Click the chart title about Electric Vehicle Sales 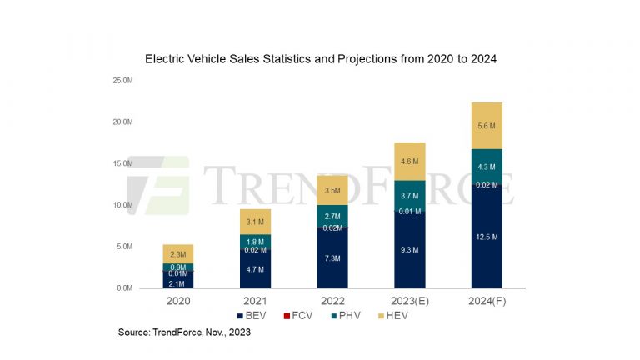point(321,59)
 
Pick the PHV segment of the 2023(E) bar point(409,195)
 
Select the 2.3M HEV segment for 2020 point(177,253)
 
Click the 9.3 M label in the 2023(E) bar point(409,250)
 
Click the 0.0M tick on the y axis point(124,287)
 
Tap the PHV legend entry point(342,316)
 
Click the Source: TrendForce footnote point(184,332)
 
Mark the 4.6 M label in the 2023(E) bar point(409,162)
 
